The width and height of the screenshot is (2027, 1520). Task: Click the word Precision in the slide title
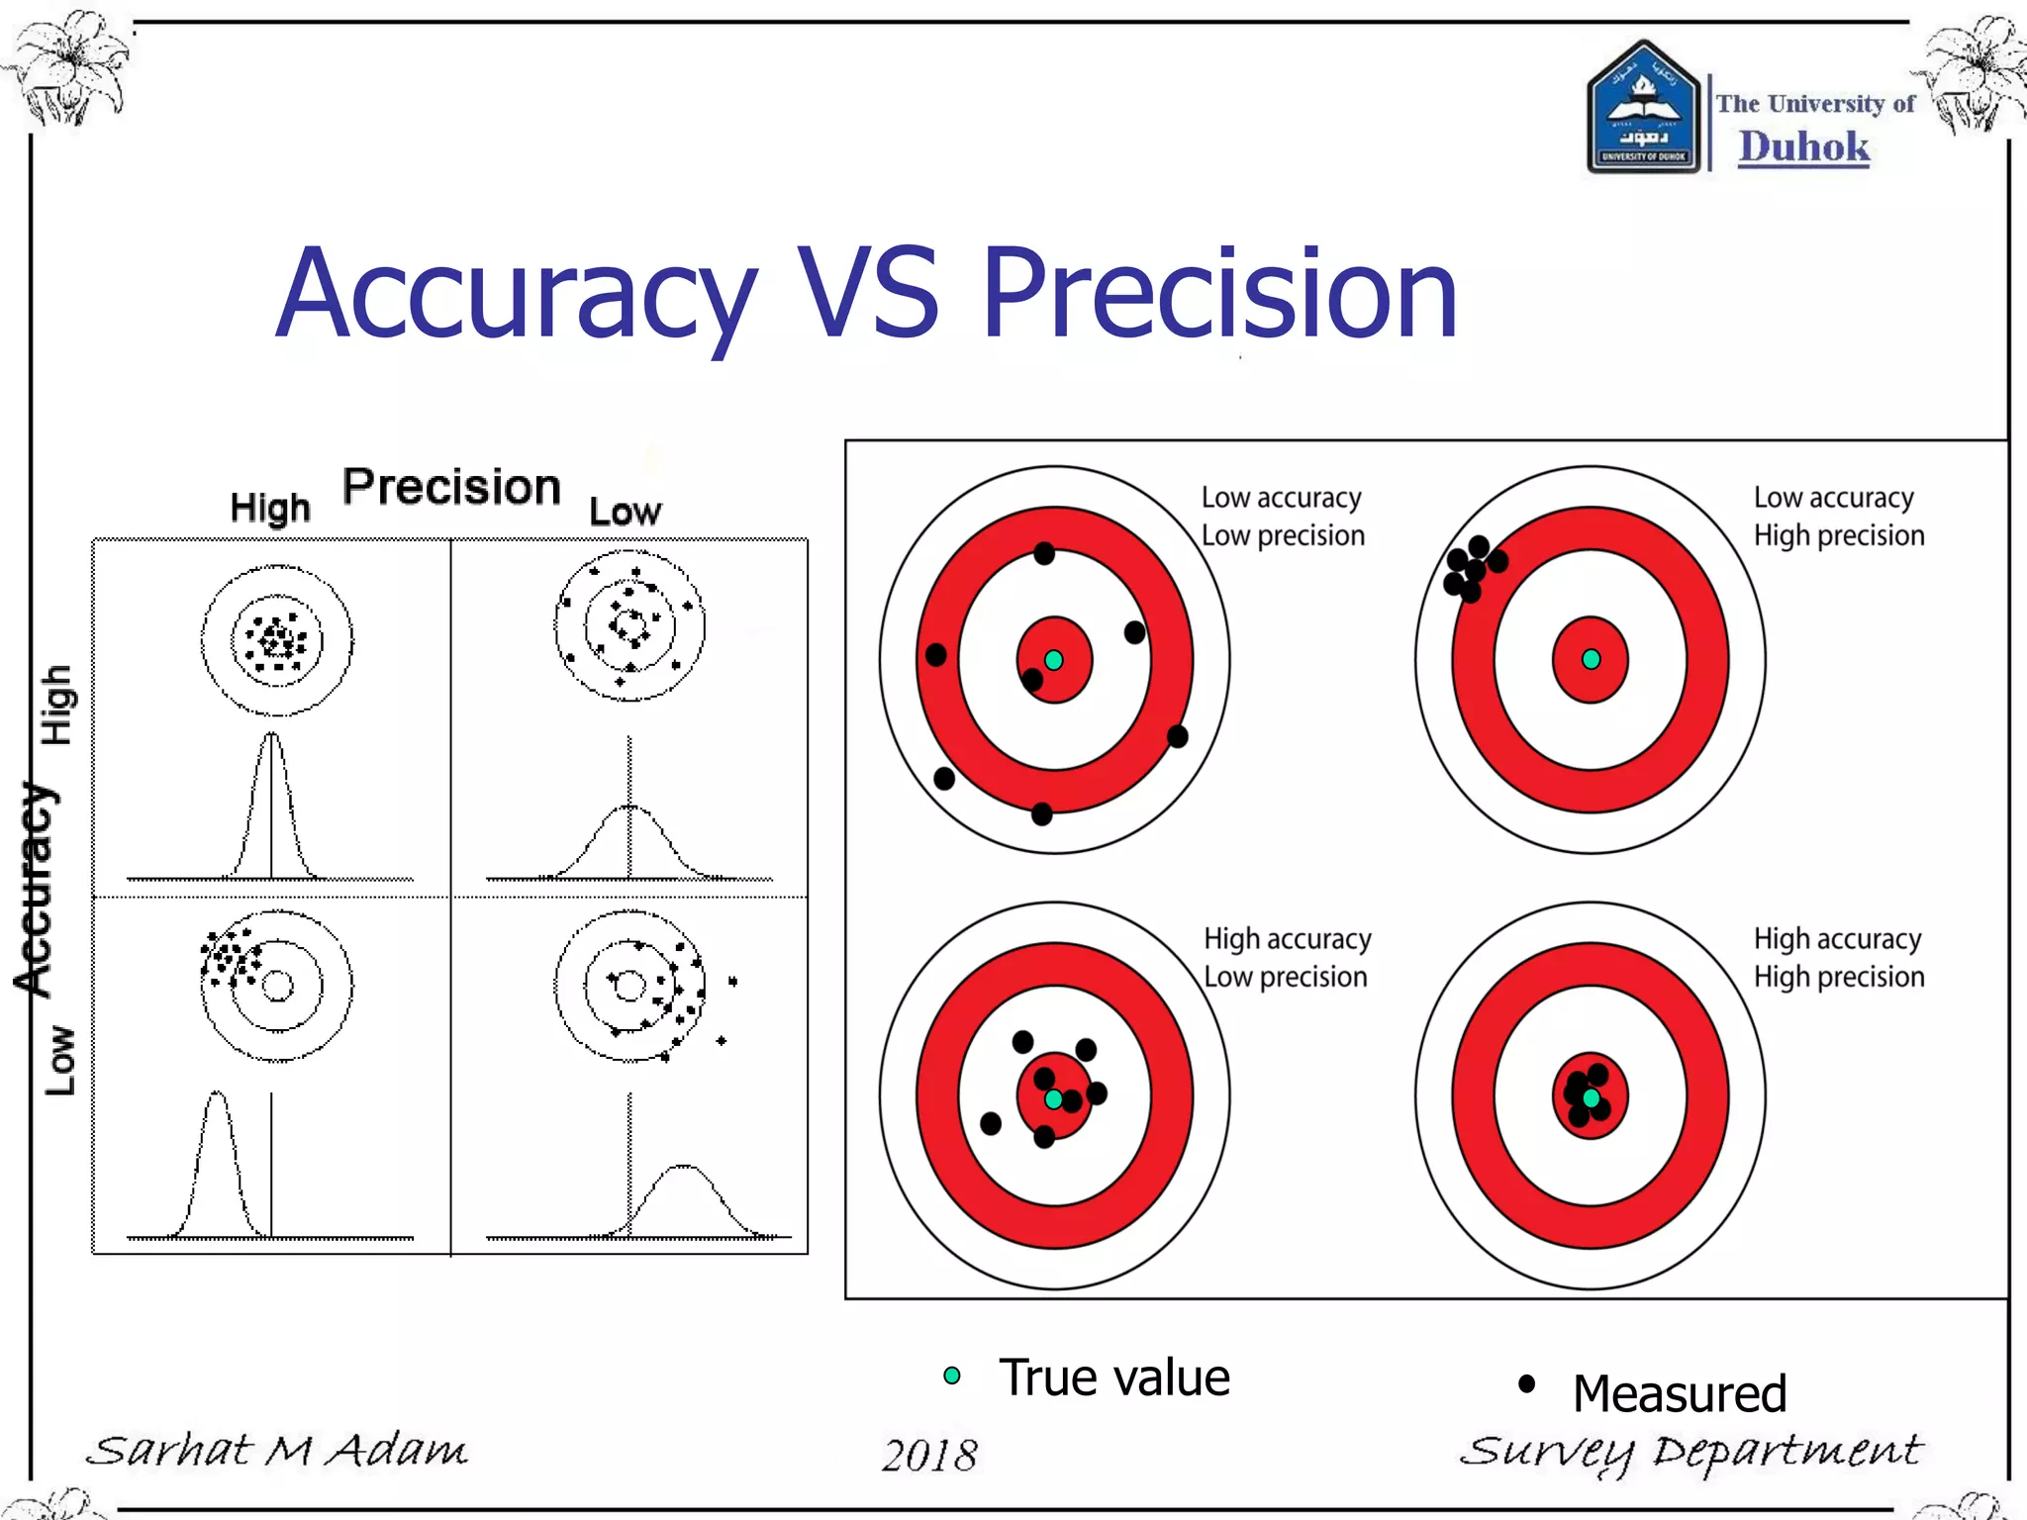point(1219,295)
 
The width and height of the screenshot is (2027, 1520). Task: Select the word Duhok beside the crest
point(1803,147)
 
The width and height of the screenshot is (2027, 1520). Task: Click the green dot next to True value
point(952,1376)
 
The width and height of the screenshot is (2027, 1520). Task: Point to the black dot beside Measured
point(1526,1383)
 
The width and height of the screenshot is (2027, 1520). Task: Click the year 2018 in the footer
point(929,1455)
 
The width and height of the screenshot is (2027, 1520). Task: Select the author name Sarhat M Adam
point(276,1451)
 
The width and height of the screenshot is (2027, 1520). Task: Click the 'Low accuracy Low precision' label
point(1283,517)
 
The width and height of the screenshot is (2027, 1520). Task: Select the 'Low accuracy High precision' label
point(1839,517)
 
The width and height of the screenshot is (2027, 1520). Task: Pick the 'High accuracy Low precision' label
point(1287,958)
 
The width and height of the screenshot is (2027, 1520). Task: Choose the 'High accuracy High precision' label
point(1839,958)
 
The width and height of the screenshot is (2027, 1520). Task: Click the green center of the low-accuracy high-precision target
point(1591,659)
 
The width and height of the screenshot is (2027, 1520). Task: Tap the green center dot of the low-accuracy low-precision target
point(1054,660)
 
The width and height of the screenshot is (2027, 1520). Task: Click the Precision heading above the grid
point(451,487)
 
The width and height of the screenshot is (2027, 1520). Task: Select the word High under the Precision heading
point(270,508)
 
